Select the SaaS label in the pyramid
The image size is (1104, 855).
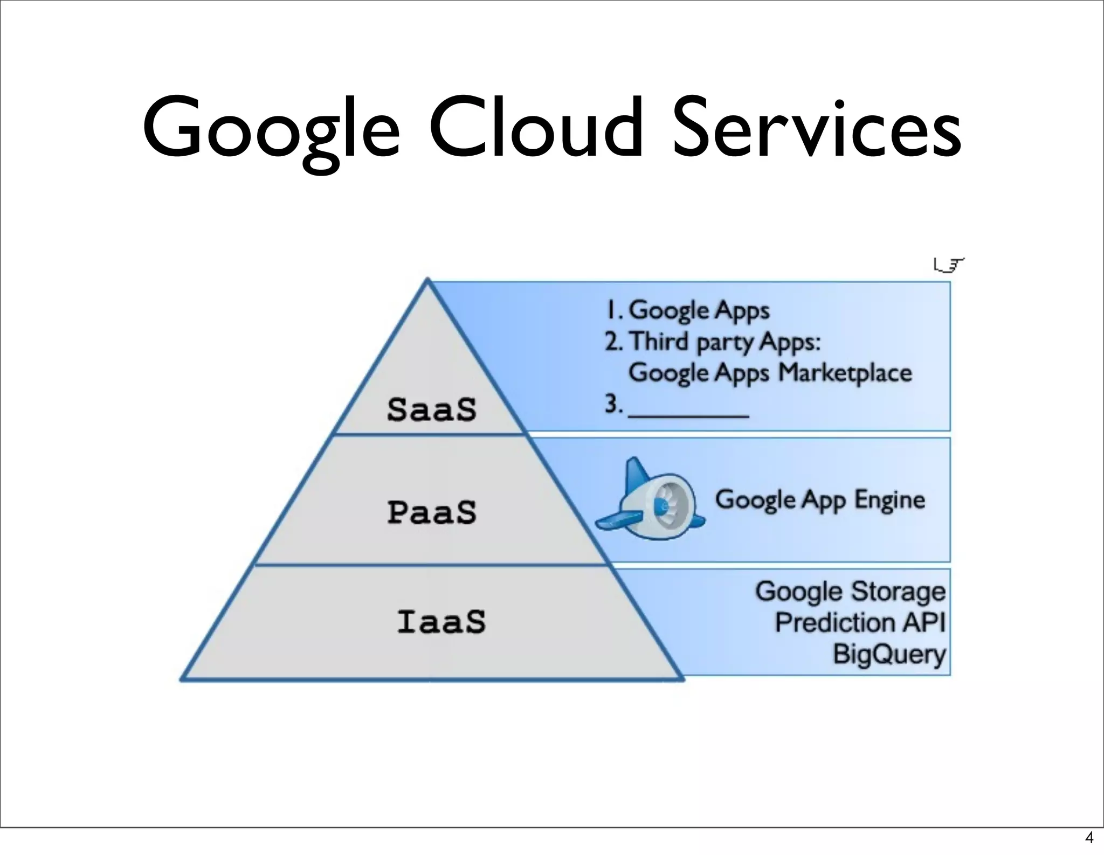(432, 409)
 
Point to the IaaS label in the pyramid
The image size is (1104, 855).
(441, 621)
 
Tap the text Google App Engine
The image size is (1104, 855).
(819, 500)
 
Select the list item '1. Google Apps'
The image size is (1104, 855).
(688, 310)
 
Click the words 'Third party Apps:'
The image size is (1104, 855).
(724, 342)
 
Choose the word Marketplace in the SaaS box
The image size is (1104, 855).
(845, 373)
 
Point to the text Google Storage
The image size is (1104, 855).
(850, 591)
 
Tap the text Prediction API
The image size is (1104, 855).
(860, 622)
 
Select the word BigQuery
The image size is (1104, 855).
(889, 655)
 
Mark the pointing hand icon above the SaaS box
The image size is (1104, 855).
(948, 265)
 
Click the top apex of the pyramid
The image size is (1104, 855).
(427, 280)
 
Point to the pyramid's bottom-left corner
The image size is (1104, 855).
(182, 679)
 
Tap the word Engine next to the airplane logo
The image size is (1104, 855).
(889, 500)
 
